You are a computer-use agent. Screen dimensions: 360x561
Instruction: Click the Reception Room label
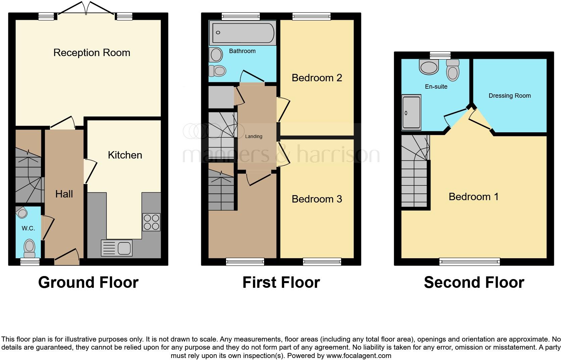tap(92, 53)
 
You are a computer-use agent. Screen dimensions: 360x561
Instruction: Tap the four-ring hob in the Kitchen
tap(151, 222)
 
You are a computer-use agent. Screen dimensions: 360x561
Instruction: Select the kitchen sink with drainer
tap(116, 248)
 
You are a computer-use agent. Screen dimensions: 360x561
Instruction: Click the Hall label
tap(64, 194)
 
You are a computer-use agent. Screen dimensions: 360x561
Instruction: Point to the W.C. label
tap(28, 228)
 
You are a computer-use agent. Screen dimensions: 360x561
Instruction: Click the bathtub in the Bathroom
tap(242, 33)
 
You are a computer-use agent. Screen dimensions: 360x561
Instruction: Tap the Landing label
tap(254, 136)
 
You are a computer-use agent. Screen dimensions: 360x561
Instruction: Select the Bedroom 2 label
tap(317, 78)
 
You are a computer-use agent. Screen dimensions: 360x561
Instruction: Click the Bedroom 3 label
tap(317, 199)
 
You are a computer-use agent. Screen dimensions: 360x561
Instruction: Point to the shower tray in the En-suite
tap(411, 112)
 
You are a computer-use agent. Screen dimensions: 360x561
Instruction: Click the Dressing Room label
tap(509, 96)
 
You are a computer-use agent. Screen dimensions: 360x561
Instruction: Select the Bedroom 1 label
tap(473, 197)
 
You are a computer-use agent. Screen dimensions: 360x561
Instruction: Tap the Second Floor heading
tap(474, 282)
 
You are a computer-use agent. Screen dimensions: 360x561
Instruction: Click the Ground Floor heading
tap(88, 282)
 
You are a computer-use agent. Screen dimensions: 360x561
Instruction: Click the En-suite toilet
tap(453, 71)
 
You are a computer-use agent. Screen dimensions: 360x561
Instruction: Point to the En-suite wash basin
tap(429, 66)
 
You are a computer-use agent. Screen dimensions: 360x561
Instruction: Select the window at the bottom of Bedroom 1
tap(469, 261)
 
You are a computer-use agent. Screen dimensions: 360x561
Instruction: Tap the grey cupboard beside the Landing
tap(221, 97)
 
